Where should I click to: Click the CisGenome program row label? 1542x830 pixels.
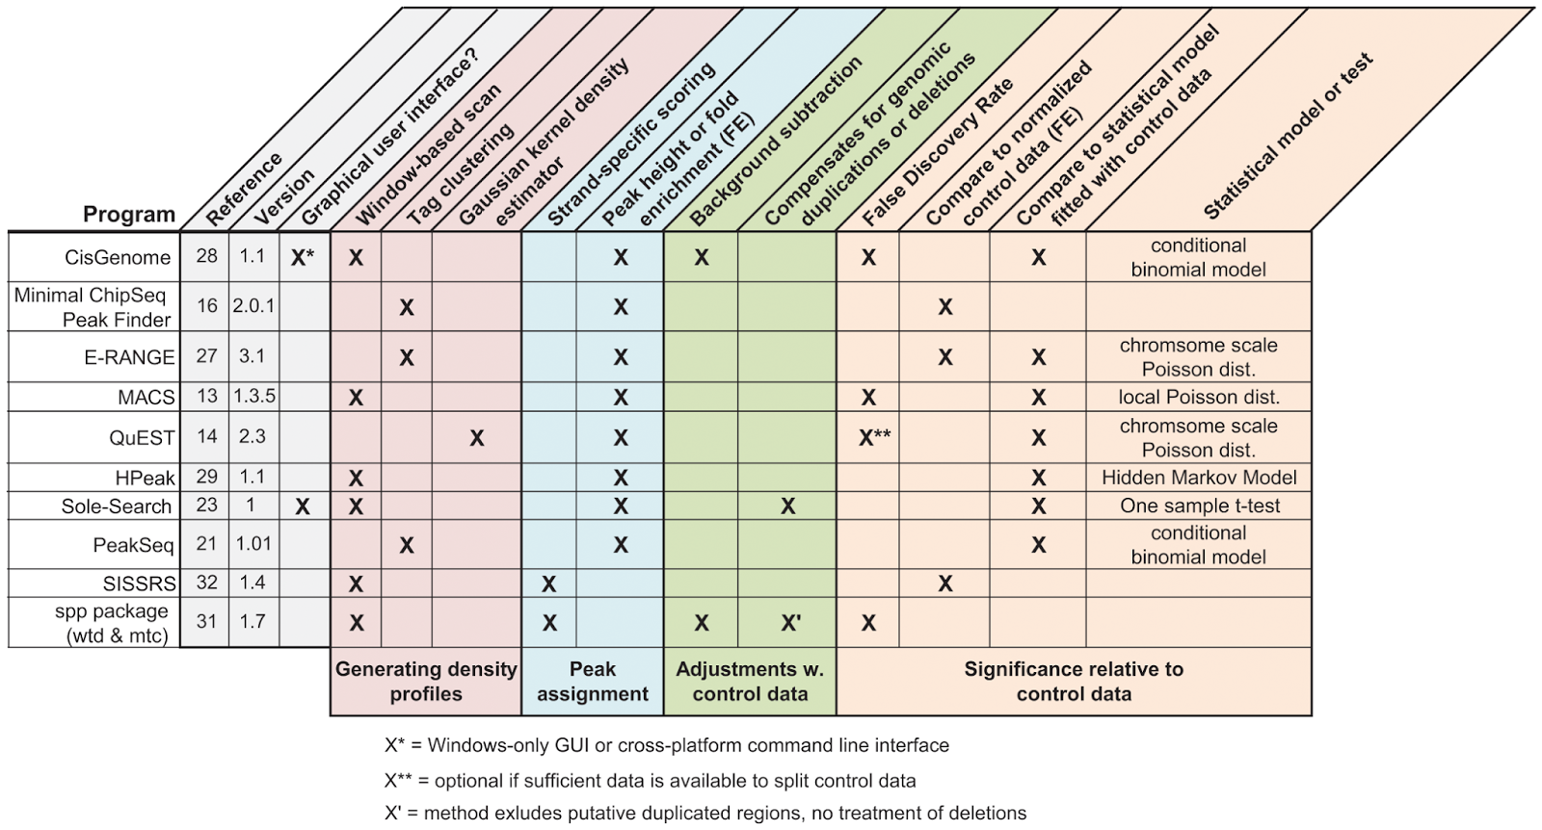(117, 257)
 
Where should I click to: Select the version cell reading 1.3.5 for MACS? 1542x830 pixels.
(253, 396)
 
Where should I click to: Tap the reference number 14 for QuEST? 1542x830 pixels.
(206, 436)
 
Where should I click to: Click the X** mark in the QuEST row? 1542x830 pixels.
(874, 438)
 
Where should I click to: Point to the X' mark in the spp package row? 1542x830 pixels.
(790, 623)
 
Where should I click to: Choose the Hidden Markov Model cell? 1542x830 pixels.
(1198, 478)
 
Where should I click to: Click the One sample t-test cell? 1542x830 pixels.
(1199, 506)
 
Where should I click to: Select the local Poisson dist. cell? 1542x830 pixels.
(1198, 397)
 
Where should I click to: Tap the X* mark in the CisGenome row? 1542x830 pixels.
(303, 257)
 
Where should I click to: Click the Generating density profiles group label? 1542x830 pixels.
(426, 682)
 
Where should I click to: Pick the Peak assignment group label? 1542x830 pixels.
(592, 682)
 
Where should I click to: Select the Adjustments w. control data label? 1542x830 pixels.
(750, 682)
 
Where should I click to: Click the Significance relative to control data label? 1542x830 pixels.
(1074, 682)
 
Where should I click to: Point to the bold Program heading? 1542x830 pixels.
(129, 214)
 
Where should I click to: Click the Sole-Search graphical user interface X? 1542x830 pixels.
(303, 506)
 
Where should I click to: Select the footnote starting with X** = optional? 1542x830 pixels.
(650, 780)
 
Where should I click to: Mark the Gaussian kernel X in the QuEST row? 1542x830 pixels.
(476, 438)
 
